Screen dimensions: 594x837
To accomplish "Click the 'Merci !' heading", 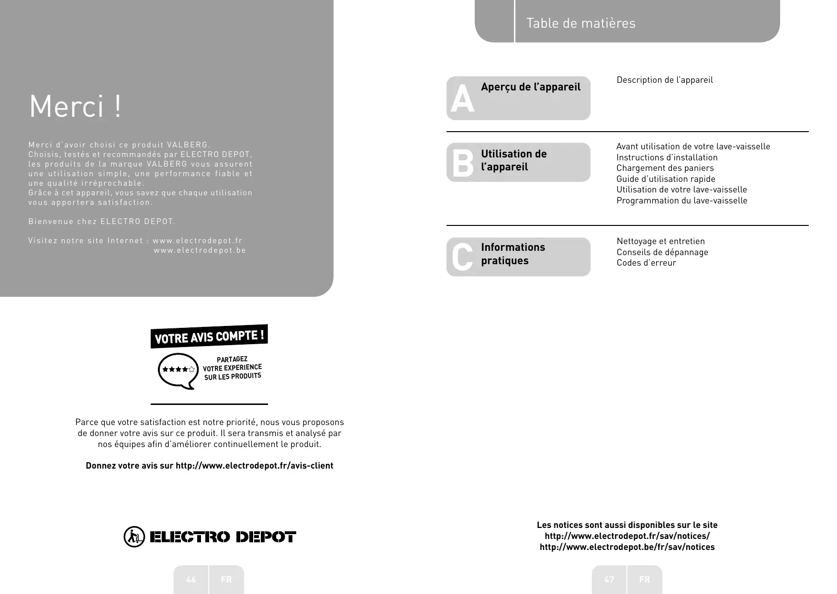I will coord(76,106).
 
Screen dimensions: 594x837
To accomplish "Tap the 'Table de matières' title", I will coord(580,23).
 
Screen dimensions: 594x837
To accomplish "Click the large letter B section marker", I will coord(462,163).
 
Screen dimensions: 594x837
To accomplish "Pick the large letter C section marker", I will coord(462,257).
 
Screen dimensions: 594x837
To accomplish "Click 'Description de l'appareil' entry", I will coord(664,80).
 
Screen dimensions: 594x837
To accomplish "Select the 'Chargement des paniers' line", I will coord(665,168).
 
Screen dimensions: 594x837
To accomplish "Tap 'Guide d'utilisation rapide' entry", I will coord(666,179).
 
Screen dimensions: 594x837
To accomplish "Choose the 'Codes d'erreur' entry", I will coord(646,263).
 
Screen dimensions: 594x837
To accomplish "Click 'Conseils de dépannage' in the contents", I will coord(662,252).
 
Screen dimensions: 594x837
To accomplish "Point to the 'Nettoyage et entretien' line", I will coord(660,241).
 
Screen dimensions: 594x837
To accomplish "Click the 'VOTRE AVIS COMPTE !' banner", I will coord(209,336).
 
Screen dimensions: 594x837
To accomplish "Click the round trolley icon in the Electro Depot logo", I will coord(134,537).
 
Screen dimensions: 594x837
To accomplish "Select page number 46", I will coord(191,580).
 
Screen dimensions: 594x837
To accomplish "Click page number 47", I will coord(609,580).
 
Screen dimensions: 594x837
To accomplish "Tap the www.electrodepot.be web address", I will coord(200,250).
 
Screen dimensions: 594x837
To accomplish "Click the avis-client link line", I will coord(209,466).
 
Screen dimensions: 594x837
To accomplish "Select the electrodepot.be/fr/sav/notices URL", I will coord(627,547).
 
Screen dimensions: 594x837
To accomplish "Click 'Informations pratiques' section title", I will coord(513,254).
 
